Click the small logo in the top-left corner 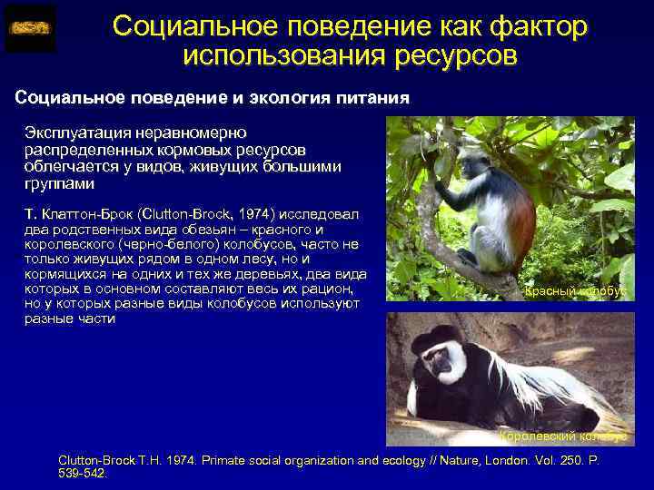point(30,28)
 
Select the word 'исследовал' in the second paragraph point(320,214)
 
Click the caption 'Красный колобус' point(574,291)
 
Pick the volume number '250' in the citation point(558,461)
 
